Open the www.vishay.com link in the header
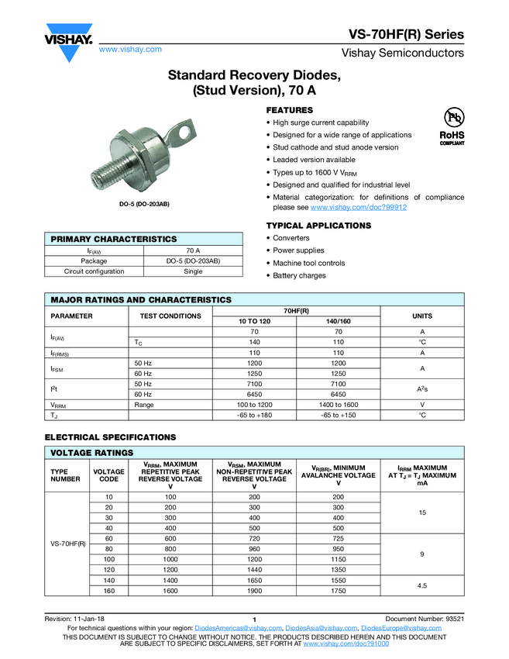click(x=130, y=49)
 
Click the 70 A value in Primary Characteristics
click(x=193, y=250)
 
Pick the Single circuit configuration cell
click(x=193, y=271)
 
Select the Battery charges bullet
click(x=299, y=275)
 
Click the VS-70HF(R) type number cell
click(x=68, y=543)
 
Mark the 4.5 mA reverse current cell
click(x=421, y=585)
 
